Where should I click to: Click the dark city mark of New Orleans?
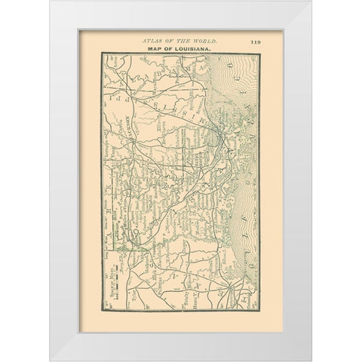point(217,137)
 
